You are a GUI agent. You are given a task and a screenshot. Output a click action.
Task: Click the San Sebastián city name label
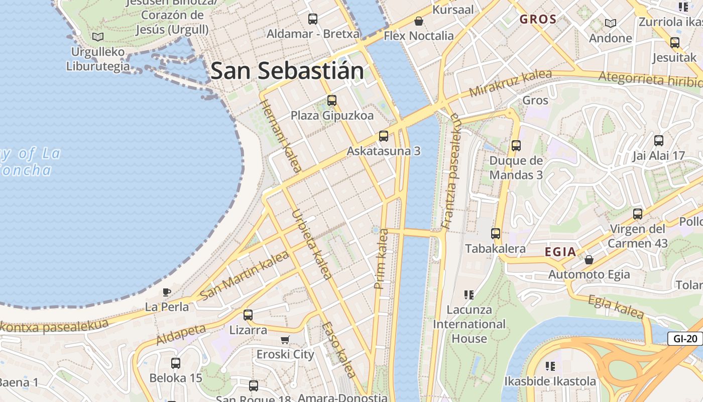(287, 70)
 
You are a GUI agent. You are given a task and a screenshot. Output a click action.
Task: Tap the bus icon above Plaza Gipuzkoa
(331, 100)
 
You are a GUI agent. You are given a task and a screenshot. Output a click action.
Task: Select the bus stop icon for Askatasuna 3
(384, 136)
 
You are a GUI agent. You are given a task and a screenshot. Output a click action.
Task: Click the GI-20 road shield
(685, 339)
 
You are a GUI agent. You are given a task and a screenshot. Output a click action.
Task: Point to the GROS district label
(538, 20)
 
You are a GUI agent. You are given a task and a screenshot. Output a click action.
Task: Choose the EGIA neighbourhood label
(560, 252)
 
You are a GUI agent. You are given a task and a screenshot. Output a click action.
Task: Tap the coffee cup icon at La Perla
(167, 292)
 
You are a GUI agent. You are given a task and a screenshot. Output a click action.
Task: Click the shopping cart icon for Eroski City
(285, 340)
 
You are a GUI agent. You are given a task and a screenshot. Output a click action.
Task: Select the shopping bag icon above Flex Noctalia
(418, 21)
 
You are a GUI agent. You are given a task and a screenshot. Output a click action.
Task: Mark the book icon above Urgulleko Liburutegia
(98, 37)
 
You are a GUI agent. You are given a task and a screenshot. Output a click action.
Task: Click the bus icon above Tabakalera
(496, 233)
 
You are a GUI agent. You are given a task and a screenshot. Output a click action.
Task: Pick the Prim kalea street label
(381, 259)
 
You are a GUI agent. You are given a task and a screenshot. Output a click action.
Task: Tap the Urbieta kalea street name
(312, 244)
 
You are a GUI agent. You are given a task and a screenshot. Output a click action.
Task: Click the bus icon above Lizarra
(248, 315)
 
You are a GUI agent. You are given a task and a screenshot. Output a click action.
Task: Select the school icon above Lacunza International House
(469, 294)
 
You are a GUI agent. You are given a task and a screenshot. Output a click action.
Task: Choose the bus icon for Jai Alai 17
(659, 141)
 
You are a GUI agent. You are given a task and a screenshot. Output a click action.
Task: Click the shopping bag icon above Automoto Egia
(589, 260)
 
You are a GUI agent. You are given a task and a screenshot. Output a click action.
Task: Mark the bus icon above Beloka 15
(176, 363)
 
